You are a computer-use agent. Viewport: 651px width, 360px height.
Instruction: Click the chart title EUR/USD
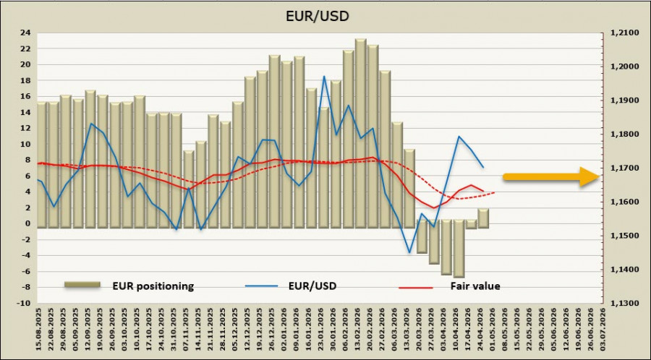pos(325,14)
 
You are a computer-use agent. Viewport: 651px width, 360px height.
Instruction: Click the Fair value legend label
pos(475,286)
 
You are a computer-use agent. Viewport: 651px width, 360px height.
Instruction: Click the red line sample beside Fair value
pos(415,287)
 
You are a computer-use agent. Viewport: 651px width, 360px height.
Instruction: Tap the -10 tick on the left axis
pos(24,304)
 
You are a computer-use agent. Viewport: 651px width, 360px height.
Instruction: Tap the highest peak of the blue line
pos(324,76)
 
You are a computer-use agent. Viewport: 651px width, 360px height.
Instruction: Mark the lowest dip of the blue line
pos(410,252)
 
